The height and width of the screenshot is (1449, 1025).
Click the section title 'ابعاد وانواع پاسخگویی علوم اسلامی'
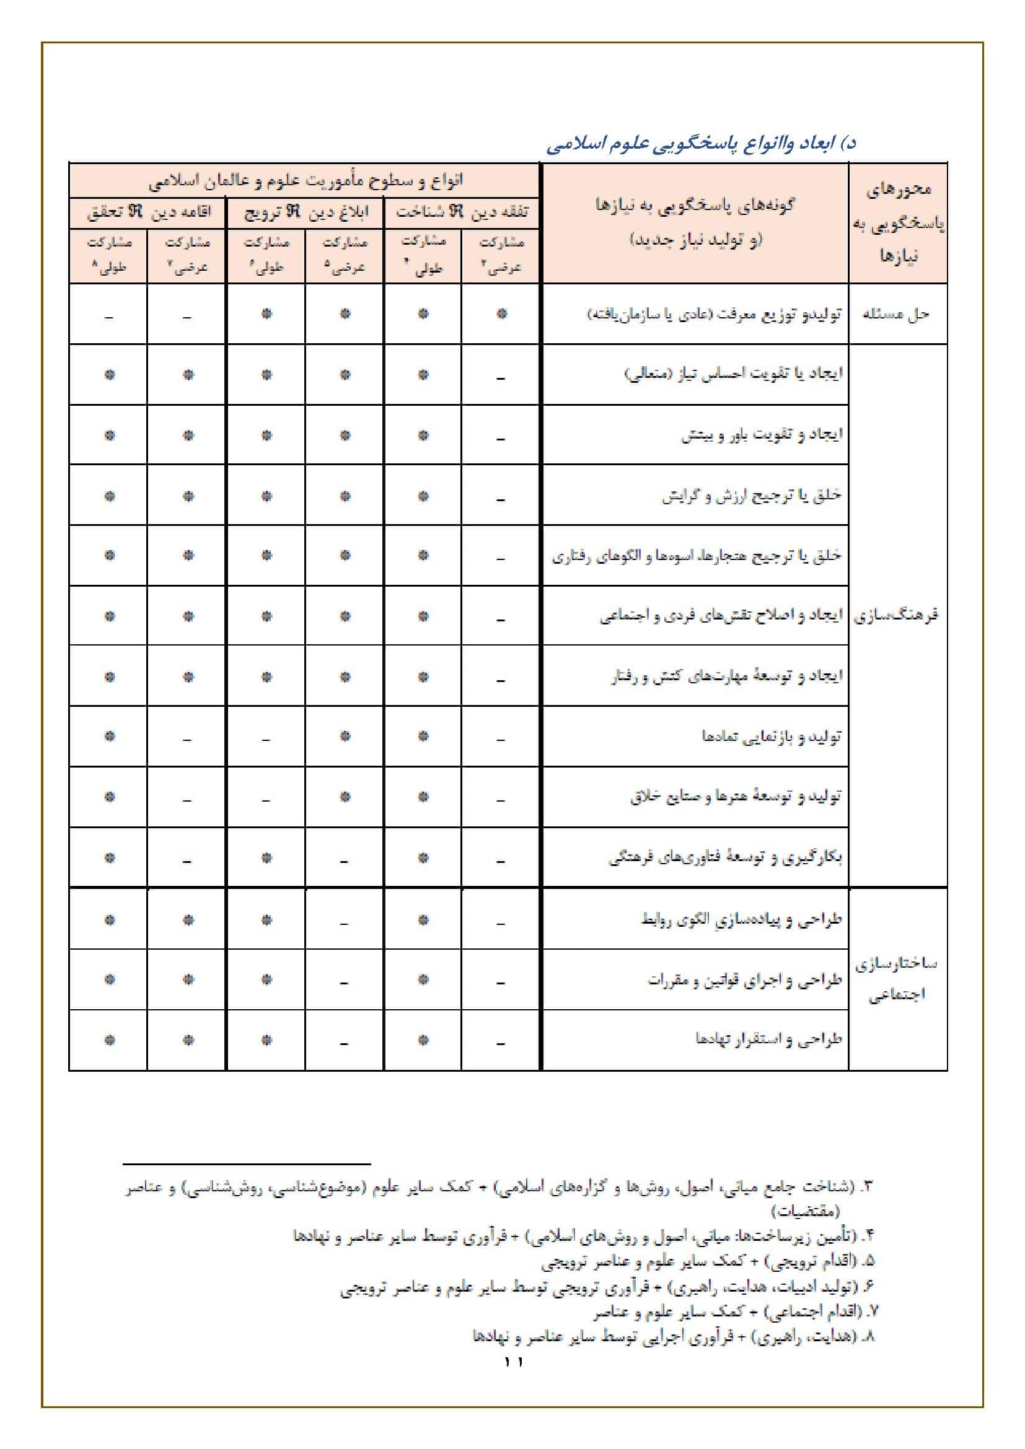701,144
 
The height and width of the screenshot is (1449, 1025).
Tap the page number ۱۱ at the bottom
513,1362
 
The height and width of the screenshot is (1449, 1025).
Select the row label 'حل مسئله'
896,313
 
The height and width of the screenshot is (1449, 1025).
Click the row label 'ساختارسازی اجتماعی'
896,979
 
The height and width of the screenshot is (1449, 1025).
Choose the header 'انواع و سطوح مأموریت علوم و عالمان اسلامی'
306,181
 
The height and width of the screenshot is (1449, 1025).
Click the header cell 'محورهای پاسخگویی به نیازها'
897,222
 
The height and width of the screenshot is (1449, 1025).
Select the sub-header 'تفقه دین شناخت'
462,212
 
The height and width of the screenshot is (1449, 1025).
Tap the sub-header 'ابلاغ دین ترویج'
306,212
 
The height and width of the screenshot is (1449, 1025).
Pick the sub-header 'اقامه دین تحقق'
148,212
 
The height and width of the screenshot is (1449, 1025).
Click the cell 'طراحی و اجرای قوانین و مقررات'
745,979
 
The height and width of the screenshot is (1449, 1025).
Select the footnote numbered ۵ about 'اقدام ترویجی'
707,1261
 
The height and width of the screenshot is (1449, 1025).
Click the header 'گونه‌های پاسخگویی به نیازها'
695,205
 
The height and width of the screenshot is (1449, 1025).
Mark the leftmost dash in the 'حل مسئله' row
108,316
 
